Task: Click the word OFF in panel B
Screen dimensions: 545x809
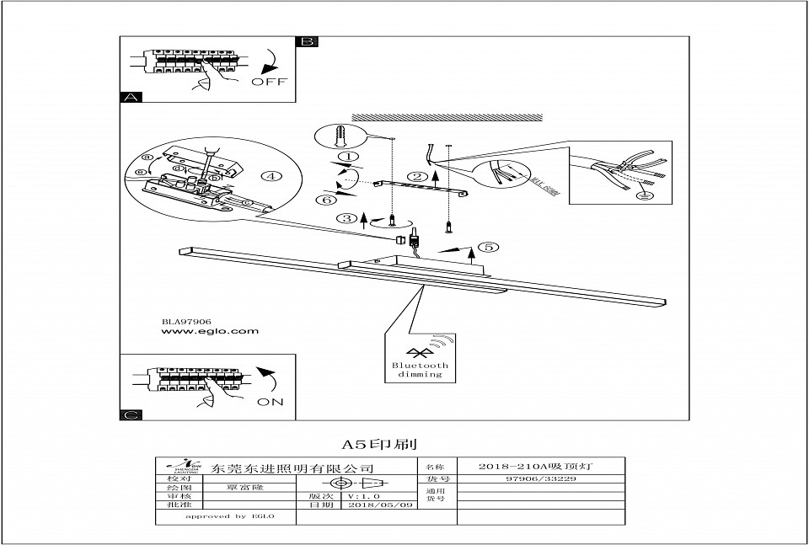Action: click(269, 82)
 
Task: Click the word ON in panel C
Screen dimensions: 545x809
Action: click(270, 402)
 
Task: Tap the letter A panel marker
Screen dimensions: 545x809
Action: click(131, 98)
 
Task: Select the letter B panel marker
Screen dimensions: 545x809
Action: click(307, 41)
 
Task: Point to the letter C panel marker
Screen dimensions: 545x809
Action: click(131, 414)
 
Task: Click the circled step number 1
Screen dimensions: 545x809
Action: click(346, 157)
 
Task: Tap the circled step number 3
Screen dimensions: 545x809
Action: click(346, 218)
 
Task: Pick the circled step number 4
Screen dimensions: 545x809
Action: click(270, 177)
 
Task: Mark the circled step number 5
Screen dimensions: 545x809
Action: click(487, 248)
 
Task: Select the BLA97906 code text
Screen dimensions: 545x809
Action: click(186, 321)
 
